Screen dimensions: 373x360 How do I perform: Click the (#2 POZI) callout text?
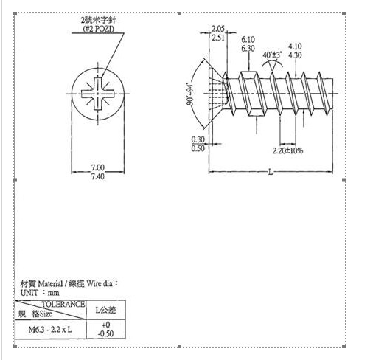pyautogui.click(x=99, y=29)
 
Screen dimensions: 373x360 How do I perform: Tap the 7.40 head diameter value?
pyautogui.click(x=98, y=176)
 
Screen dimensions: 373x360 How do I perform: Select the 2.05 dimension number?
pyautogui.click(x=218, y=29)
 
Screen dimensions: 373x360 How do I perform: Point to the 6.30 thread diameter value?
pyautogui.click(x=248, y=49)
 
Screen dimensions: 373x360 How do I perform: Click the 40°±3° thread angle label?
pyautogui.click(x=272, y=55)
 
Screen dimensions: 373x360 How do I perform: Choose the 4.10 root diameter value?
pyautogui.click(x=295, y=46)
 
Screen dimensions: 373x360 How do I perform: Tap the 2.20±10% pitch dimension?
pyautogui.click(x=287, y=150)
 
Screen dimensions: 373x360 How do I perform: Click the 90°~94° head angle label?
pyautogui.click(x=190, y=94)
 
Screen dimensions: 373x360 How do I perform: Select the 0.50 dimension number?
pyautogui.click(x=198, y=148)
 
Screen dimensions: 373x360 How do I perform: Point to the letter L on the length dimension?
pyautogui.click(x=271, y=172)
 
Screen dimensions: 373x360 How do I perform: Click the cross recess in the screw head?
pyautogui.click(x=98, y=94)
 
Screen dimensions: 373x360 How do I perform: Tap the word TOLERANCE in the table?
pyautogui.click(x=63, y=304)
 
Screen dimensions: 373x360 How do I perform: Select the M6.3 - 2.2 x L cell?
pyautogui.click(x=50, y=329)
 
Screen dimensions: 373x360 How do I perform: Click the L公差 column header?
pyautogui.click(x=105, y=310)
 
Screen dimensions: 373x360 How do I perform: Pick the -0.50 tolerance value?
pyautogui.click(x=105, y=333)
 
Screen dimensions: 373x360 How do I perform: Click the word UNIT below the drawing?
pyautogui.click(x=29, y=293)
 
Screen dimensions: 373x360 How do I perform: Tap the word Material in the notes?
pyautogui.click(x=50, y=284)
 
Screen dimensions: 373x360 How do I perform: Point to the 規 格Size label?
pyautogui.click(x=35, y=314)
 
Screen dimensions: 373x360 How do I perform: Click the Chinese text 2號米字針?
pyautogui.click(x=98, y=20)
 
